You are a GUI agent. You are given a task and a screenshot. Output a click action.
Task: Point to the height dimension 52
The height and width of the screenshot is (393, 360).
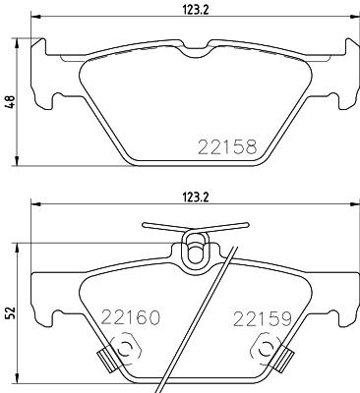point(10,311)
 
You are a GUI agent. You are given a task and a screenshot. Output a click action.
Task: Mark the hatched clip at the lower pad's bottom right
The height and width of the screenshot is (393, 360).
point(287,361)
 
